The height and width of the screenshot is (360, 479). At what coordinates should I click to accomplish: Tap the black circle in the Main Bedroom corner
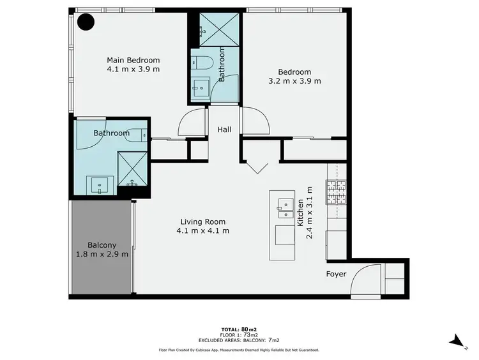tap(86, 22)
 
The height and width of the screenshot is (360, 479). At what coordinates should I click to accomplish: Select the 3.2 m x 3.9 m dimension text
tap(294, 81)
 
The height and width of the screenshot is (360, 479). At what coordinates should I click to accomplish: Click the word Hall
tap(224, 130)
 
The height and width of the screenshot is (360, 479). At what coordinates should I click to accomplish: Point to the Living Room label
tap(202, 221)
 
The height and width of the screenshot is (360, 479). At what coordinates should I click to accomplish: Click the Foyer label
tap(336, 274)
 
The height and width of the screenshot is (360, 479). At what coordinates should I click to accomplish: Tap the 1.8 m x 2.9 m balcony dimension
tap(102, 254)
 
